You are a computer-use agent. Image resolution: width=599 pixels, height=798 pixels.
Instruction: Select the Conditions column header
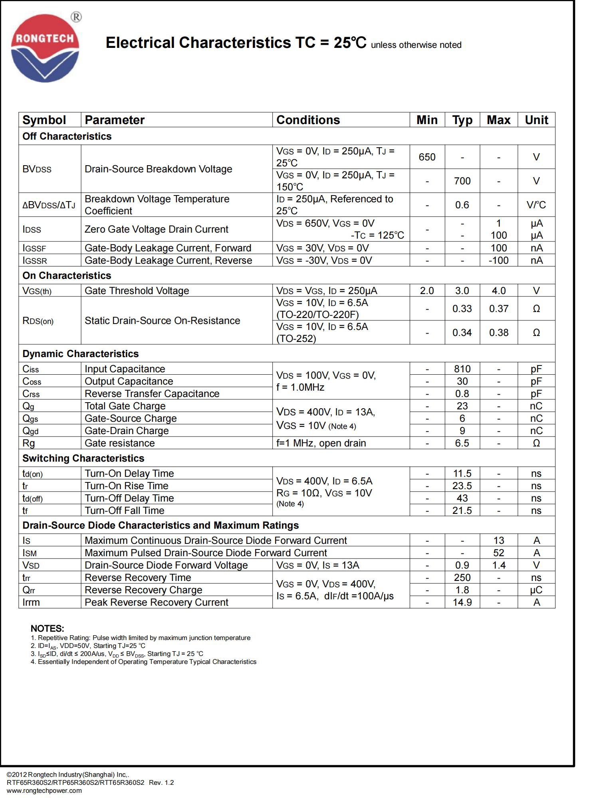click(308, 120)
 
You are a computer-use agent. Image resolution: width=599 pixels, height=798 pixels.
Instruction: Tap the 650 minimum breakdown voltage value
click(427, 157)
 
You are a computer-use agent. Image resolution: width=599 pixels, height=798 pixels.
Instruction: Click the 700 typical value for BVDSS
click(462, 181)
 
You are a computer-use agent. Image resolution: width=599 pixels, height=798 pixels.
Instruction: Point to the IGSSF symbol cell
click(34, 248)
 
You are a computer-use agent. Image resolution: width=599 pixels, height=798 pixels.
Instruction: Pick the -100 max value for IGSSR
click(498, 261)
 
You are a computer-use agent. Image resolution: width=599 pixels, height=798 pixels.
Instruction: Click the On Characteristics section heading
click(67, 276)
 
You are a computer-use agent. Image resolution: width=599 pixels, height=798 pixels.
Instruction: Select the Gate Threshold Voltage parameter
click(137, 291)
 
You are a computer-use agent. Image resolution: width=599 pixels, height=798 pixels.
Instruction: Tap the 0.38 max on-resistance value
click(498, 333)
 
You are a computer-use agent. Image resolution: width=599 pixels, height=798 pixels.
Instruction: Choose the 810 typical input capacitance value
click(462, 369)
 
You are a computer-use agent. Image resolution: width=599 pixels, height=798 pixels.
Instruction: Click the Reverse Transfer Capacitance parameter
click(152, 394)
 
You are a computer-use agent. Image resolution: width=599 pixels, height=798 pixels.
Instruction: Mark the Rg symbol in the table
click(29, 443)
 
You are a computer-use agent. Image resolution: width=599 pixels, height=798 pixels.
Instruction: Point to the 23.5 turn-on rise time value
click(462, 486)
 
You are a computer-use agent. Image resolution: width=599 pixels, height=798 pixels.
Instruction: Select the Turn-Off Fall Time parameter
click(124, 511)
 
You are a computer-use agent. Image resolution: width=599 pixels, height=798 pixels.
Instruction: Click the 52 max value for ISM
click(498, 553)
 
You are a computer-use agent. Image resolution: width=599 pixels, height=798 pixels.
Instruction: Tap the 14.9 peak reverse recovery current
click(462, 602)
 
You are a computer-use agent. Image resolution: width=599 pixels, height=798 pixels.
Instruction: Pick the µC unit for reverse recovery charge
click(536, 590)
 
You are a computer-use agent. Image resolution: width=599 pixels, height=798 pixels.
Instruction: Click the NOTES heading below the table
click(47, 629)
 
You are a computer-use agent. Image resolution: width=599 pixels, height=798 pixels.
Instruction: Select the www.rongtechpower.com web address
click(44, 790)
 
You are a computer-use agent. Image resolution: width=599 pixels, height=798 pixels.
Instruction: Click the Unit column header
click(536, 120)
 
